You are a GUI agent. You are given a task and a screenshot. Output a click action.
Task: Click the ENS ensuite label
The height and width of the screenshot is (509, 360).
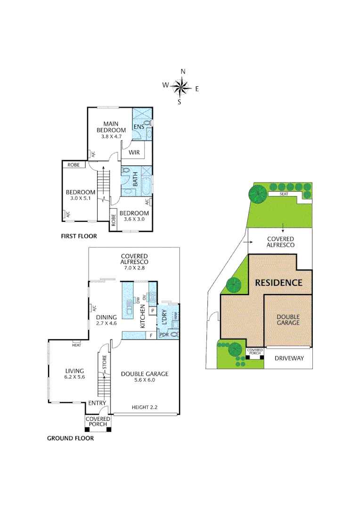pos(139,127)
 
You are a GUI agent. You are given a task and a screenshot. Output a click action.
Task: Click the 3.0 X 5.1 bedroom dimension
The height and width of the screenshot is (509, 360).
pos(81,199)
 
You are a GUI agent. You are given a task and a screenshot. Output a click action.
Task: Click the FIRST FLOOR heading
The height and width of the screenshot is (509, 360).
pos(79,236)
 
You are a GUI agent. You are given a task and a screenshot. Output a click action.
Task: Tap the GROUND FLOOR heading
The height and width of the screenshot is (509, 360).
pos(70,438)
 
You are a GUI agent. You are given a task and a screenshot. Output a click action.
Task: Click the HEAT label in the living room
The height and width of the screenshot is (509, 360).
pos(76,345)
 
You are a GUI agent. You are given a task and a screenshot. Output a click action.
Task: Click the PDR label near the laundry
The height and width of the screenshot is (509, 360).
pos(164,335)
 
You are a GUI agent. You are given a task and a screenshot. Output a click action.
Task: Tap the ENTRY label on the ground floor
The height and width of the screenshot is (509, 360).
pos(97,403)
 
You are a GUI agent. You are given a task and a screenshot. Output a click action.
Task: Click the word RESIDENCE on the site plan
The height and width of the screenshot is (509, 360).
pos(278,283)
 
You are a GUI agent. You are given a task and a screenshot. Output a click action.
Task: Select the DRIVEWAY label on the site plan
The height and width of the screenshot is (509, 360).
pos(289,358)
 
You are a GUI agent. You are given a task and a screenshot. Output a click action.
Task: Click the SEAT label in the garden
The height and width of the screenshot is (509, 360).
pos(284,194)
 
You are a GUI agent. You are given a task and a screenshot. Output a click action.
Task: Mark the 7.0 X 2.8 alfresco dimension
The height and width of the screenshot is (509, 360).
pos(134,268)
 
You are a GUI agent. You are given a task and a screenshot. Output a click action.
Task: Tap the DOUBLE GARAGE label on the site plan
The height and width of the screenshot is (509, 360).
pos(288,320)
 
